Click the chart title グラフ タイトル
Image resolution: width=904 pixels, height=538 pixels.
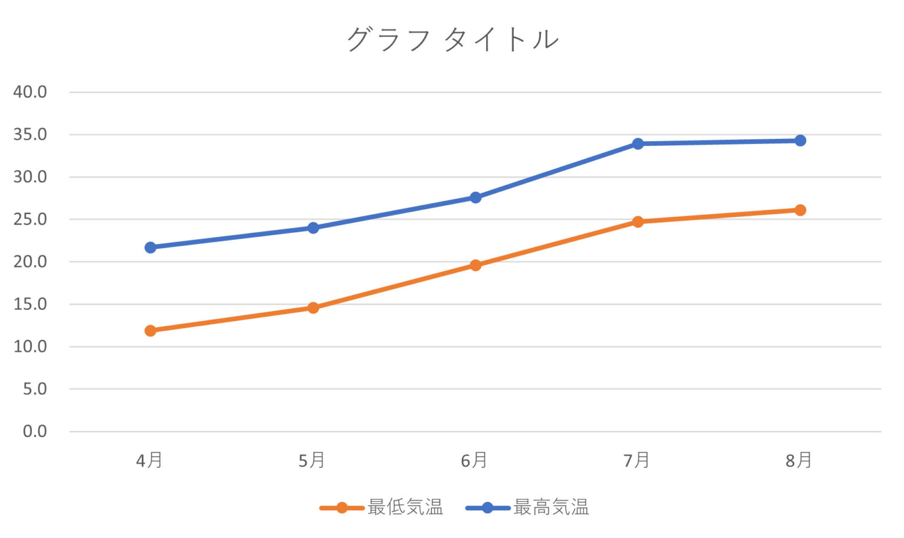point(452,40)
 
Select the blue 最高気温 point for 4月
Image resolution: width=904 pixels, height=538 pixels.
point(151,248)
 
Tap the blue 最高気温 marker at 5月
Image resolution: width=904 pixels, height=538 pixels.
point(313,228)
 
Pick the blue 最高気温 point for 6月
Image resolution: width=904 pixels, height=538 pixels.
point(476,198)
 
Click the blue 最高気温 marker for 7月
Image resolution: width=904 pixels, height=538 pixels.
point(638,143)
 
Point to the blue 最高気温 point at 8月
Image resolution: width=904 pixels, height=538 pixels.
point(800,141)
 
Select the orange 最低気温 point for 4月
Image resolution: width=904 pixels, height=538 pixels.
point(151,330)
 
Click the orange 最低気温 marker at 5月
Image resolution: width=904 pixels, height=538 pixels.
point(313,308)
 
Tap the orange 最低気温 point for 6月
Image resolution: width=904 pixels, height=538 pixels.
point(476,265)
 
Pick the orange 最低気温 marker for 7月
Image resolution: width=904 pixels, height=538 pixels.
point(638,222)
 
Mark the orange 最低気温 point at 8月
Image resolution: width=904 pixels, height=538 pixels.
point(800,210)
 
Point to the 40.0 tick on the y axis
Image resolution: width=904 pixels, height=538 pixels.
point(30,92)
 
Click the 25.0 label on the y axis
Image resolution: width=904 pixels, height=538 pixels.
point(30,219)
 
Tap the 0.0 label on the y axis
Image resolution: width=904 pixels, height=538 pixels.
point(35,432)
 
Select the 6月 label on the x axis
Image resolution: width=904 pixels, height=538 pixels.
point(474,460)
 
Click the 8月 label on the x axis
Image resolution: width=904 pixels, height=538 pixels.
point(799,460)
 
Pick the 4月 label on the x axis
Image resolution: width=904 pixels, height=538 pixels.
point(149,460)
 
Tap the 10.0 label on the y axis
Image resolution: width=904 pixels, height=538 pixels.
point(30,346)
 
